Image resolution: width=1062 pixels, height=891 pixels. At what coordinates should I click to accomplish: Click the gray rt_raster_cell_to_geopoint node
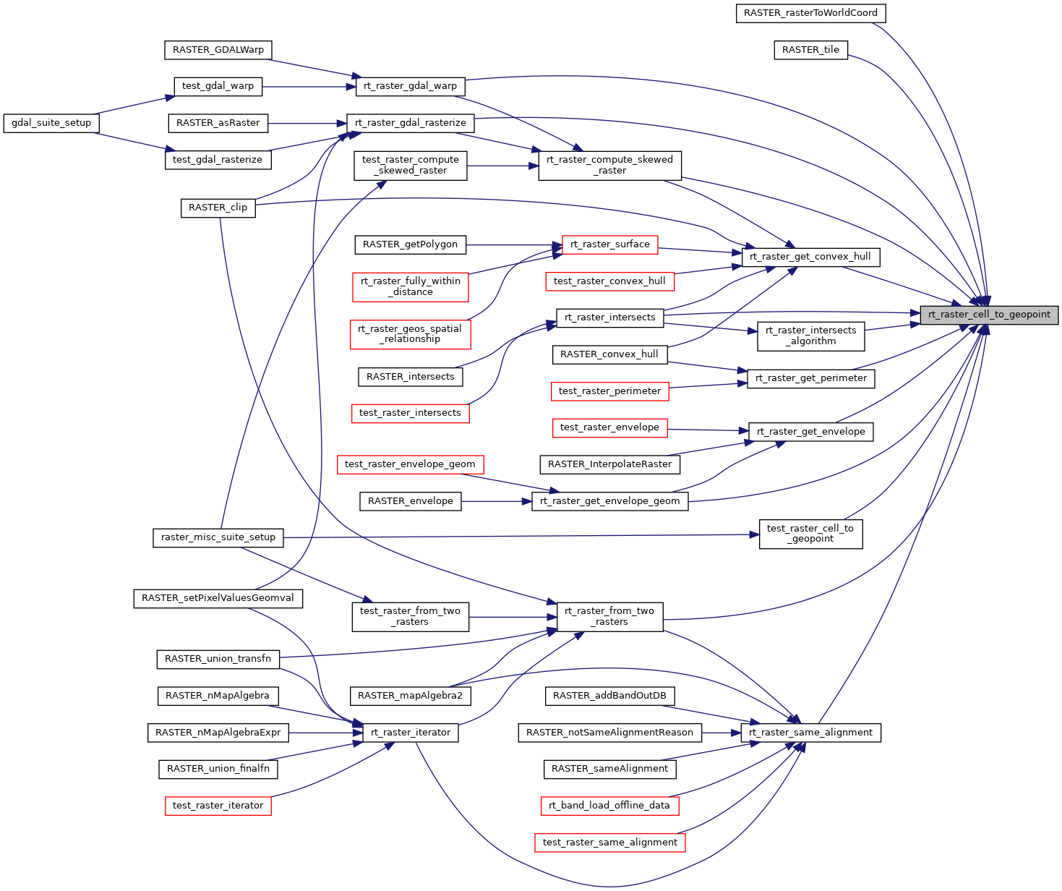(x=989, y=315)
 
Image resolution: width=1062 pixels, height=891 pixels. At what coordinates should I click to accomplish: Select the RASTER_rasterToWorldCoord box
(x=810, y=13)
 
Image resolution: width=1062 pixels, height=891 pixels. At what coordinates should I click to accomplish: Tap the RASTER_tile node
(x=810, y=50)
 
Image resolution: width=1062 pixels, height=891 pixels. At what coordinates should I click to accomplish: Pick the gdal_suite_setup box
(x=51, y=123)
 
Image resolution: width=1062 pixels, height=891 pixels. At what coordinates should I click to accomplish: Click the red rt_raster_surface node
(x=609, y=244)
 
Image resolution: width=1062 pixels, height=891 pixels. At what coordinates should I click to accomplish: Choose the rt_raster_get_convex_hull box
(x=810, y=257)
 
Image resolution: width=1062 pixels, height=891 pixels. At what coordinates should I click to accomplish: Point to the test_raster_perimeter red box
(x=609, y=391)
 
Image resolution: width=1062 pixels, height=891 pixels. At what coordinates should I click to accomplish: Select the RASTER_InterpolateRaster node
(x=609, y=464)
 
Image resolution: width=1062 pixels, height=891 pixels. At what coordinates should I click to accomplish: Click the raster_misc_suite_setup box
(x=218, y=537)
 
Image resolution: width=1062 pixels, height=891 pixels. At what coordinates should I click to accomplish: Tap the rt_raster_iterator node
(x=410, y=733)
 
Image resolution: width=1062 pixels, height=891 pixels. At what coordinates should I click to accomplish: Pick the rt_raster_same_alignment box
(x=810, y=733)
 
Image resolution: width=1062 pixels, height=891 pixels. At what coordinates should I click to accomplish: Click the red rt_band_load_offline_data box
(x=609, y=806)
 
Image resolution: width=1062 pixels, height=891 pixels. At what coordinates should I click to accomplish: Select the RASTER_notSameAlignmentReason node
(x=609, y=733)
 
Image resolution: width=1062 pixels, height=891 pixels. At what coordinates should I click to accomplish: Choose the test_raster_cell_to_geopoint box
(x=810, y=533)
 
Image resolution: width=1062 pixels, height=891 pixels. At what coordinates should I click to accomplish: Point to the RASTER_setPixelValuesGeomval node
(x=218, y=599)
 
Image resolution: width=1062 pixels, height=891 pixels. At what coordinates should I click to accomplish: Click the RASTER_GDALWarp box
(x=218, y=50)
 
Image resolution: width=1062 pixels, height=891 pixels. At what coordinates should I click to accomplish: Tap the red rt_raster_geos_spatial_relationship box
(x=411, y=334)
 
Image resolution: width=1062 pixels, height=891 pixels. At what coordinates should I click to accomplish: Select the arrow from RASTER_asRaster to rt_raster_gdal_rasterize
(x=307, y=123)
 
